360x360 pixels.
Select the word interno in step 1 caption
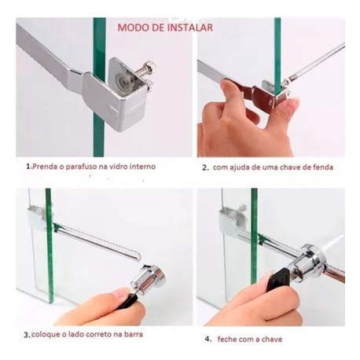(143, 166)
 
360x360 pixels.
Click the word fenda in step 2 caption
(323, 167)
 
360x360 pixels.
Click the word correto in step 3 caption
(98, 334)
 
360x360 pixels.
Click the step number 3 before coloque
(26, 335)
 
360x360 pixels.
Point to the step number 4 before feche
(208, 340)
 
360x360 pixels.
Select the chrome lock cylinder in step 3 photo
(149, 277)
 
